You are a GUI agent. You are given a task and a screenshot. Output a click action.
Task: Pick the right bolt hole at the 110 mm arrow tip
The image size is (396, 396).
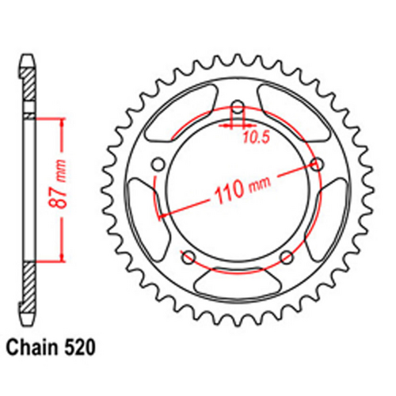[318, 165]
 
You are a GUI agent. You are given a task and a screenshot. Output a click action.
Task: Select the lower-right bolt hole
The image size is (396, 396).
[287, 257]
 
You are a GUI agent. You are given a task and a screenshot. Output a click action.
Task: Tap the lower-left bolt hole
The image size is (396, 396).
[188, 257]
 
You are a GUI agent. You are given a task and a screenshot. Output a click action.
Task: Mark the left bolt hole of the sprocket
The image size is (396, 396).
[157, 165]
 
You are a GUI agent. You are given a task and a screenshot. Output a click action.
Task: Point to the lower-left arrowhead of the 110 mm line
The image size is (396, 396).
[164, 214]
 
